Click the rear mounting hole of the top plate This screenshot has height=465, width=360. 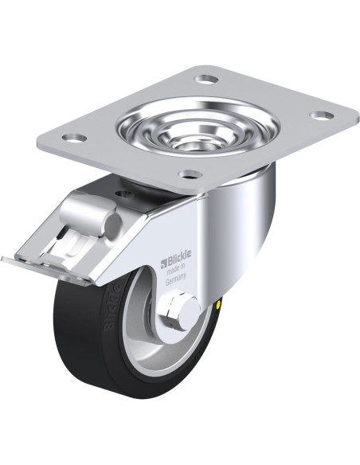(206, 79)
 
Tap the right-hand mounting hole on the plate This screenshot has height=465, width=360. (323, 115)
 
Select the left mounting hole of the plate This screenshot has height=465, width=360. (74, 138)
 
